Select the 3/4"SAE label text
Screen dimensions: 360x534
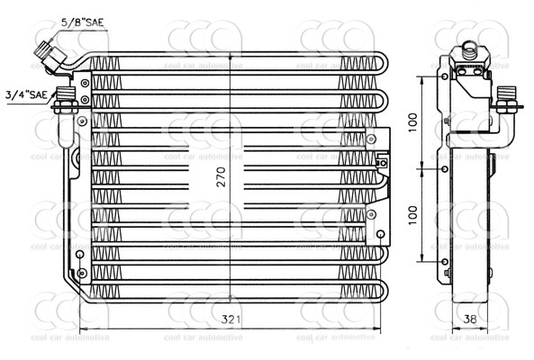26,92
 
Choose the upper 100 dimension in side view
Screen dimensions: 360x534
412,121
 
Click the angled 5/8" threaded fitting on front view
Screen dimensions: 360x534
50,56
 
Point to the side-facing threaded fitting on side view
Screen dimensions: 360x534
505,99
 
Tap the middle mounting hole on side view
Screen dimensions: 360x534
446,168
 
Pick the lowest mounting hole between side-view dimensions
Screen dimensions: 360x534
446,261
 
